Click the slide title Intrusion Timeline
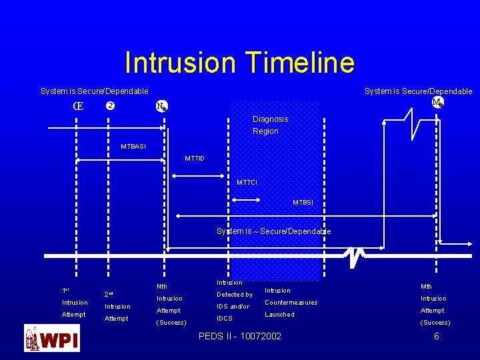pyautogui.click(x=239, y=63)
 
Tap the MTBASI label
pyautogui.click(x=133, y=147)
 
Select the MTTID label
pyautogui.click(x=195, y=159)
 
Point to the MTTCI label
pyautogui.click(x=247, y=183)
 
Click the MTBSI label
pyautogui.click(x=303, y=203)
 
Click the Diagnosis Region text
pyautogui.click(x=270, y=125)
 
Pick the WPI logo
pyautogui.click(x=52, y=338)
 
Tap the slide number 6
pyautogui.click(x=437, y=337)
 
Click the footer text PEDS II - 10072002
pyautogui.click(x=240, y=337)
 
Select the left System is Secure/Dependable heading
pyautogui.click(x=94, y=91)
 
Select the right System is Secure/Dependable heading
pyautogui.click(x=418, y=91)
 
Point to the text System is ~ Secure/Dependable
pyautogui.click(x=273, y=231)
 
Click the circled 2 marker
pyautogui.click(x=111, y=106)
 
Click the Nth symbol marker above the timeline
pyautogui.click(x=161, y=106)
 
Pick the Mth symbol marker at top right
pyautogui.click(x=437, y=102)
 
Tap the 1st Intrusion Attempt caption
pyautogui.click(x=74, y=303)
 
